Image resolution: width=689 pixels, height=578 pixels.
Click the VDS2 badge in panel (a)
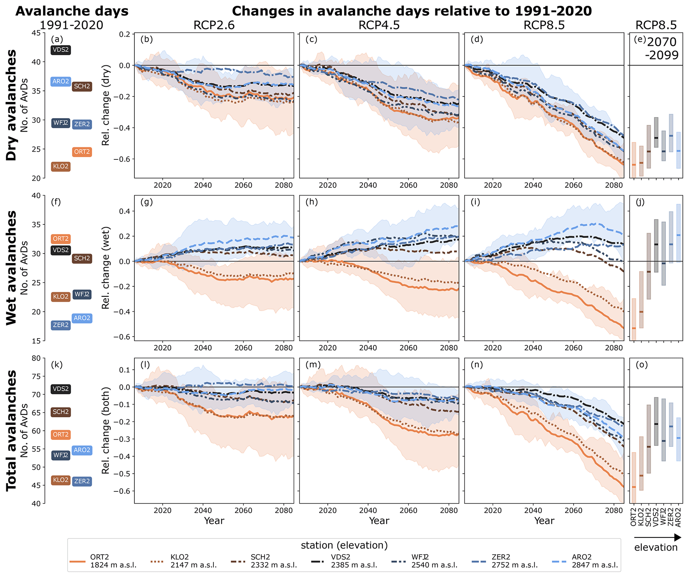pos(61,50)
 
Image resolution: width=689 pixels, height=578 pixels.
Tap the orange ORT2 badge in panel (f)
pos(61,239)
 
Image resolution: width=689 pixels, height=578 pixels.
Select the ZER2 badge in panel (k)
pos(82,481)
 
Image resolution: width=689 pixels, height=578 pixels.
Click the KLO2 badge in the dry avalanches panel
pos(61,166)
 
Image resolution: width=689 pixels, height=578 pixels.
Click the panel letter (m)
pos(313,365)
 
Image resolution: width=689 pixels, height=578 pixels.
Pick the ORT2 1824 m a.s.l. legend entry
pos(103,561)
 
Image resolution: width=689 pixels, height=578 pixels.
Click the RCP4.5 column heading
pos(379,25)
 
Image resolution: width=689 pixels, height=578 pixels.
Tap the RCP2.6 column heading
pos(214,25)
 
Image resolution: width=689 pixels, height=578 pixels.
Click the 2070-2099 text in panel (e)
pos(662,49)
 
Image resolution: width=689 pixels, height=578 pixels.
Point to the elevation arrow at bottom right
pos(657,537)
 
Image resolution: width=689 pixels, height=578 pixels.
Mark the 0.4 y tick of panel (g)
pos(125,211)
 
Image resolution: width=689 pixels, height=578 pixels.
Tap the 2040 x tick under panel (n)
pos(533,511)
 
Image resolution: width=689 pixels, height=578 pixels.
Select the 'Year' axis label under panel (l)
pos(214,521)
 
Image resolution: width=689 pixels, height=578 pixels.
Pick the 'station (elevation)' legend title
pos(344,545)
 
